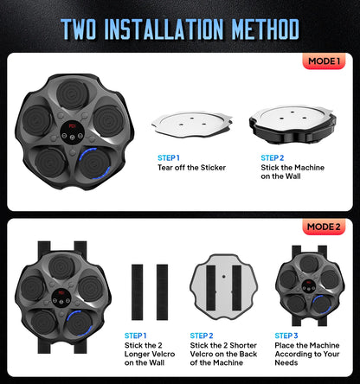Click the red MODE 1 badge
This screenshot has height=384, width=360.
pyautogui.click(x=324, y=62)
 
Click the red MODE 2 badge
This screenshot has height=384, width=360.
pyautogui.click(x=324, y=227)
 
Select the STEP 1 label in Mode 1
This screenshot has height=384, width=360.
pyautogui.click(x=170, y=158)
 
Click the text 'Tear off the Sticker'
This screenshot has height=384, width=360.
pyautogui.click(x=191, y=168)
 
